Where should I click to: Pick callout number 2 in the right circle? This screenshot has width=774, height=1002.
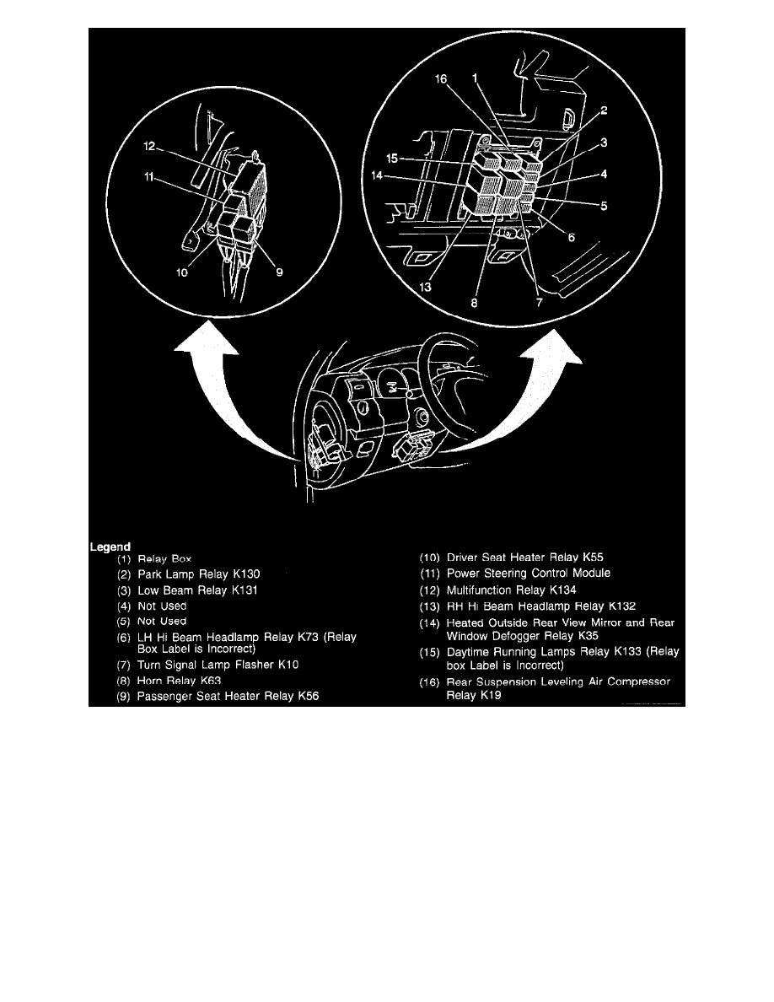tap(605, 110)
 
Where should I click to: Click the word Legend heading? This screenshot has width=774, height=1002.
tap(110, 545)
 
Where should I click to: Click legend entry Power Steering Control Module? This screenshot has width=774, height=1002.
tap(518, 574)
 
